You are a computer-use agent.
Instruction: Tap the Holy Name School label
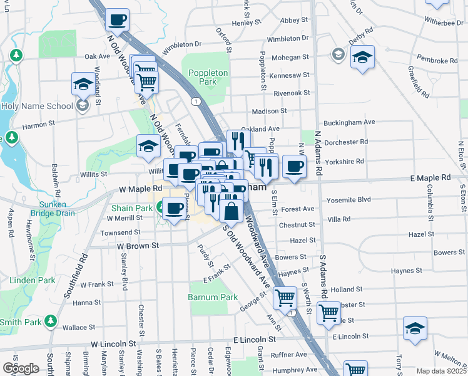(x=37, y=105)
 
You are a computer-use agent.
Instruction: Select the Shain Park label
(x=132, y=207)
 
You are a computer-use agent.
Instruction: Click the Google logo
(x=21, y=368)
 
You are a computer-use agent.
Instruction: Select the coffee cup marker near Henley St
(x=117, y=20)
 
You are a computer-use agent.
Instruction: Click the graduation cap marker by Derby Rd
(x=362, y=58)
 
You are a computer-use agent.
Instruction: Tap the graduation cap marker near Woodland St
(x=83, y=84)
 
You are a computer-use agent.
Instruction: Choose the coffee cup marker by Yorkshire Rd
(x=294, y=166)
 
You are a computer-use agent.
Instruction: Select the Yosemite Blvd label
(x=349, y=201)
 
